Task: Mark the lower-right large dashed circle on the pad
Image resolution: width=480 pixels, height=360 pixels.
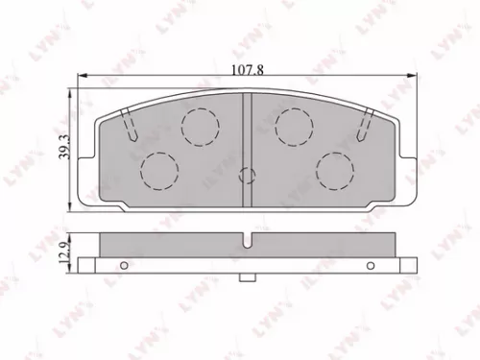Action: point(335,170)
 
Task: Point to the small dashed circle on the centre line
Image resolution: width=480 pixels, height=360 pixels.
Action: point(248,176)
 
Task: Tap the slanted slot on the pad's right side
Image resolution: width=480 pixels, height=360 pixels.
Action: point(364,124)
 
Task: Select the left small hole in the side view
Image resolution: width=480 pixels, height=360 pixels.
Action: point(123,266)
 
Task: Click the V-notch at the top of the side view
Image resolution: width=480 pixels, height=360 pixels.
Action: point(248,240)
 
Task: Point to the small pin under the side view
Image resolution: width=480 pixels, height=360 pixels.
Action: point(248,280)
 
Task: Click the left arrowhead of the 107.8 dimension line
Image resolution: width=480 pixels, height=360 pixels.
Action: point(83,77)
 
